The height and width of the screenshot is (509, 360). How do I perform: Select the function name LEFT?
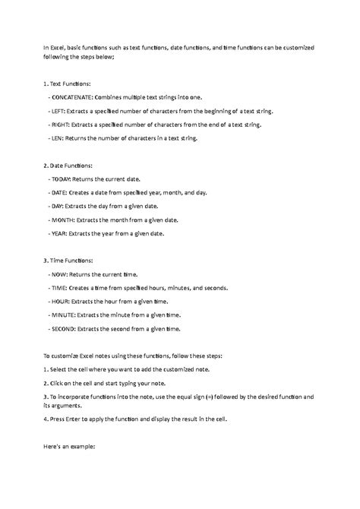coord(58,111)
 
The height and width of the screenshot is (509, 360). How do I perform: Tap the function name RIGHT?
coord(61,125)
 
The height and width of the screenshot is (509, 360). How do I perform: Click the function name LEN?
coord(58,138)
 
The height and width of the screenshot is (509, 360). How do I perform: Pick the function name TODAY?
coord(62,179)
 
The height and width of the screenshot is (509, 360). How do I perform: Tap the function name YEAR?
coord(59,233)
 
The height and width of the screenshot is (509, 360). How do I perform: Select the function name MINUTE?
coord(65,315)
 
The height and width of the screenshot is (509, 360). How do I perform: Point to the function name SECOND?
coord(65,329)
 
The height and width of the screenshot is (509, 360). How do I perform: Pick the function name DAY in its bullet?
coord(58,206)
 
